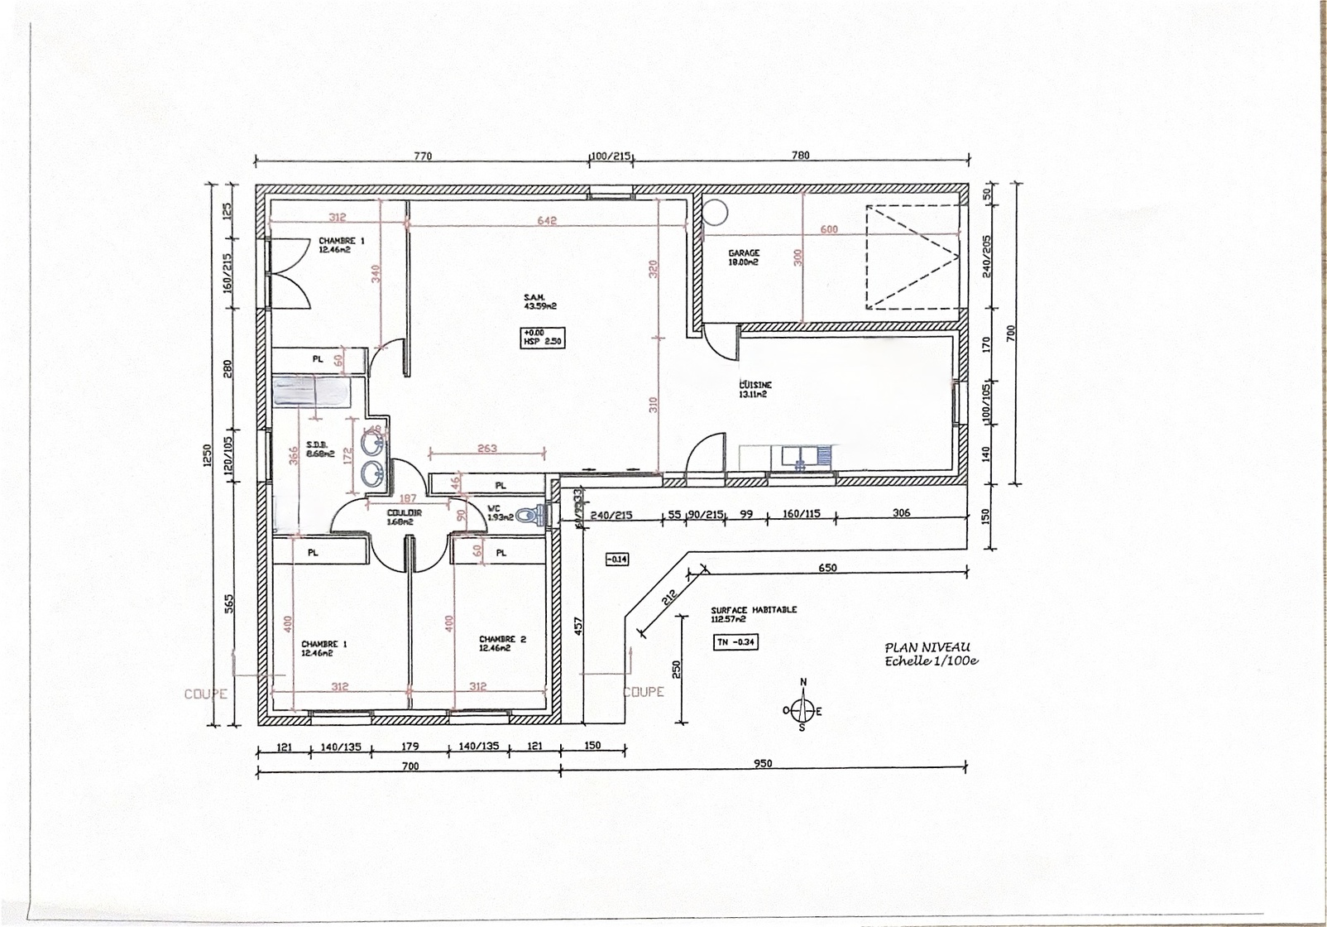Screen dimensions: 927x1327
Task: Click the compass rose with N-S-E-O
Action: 802,710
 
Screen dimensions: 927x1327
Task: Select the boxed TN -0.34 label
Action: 735,641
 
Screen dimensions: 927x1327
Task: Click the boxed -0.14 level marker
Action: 616,560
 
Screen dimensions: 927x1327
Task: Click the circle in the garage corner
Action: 715,212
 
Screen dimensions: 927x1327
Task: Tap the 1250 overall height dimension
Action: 208,455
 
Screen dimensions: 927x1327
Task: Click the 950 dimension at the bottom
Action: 763,763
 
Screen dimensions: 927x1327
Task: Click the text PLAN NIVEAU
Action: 927,647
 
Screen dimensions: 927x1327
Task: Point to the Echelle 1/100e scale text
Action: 931,661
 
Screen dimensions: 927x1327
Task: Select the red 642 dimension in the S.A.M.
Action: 547,220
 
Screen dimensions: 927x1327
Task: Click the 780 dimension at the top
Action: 800,155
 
